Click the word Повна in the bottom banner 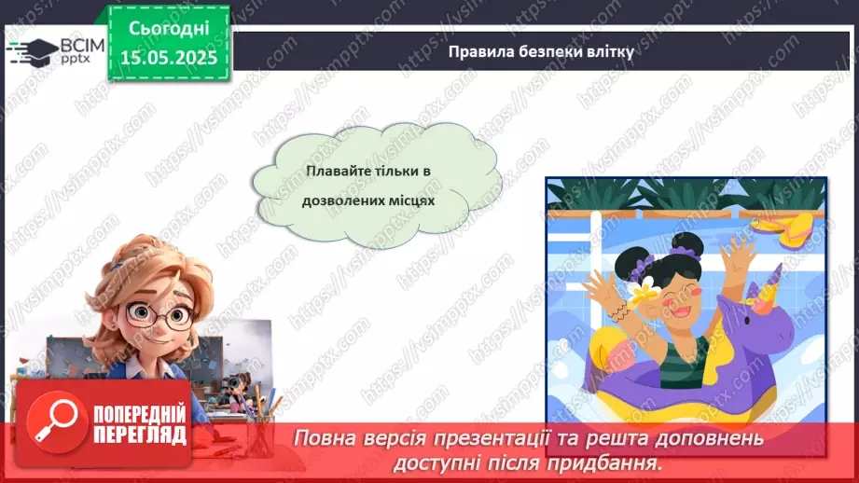[x=322, y=437]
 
